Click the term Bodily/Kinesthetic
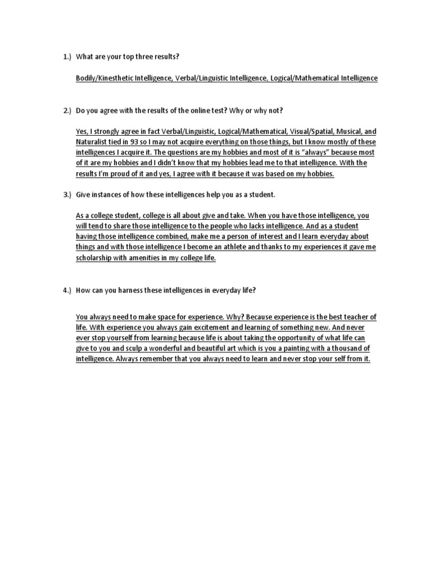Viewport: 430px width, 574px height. (104, 78)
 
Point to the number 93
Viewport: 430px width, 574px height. (134, 142)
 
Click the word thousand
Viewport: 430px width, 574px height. (347, 349)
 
